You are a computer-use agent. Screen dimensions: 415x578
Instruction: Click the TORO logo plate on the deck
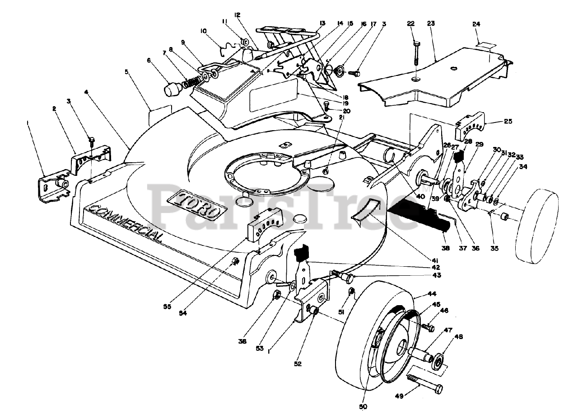[196, 205]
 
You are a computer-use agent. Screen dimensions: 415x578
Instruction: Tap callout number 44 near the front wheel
[422, 294]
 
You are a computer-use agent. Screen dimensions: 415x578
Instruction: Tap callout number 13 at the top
[322, 23]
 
